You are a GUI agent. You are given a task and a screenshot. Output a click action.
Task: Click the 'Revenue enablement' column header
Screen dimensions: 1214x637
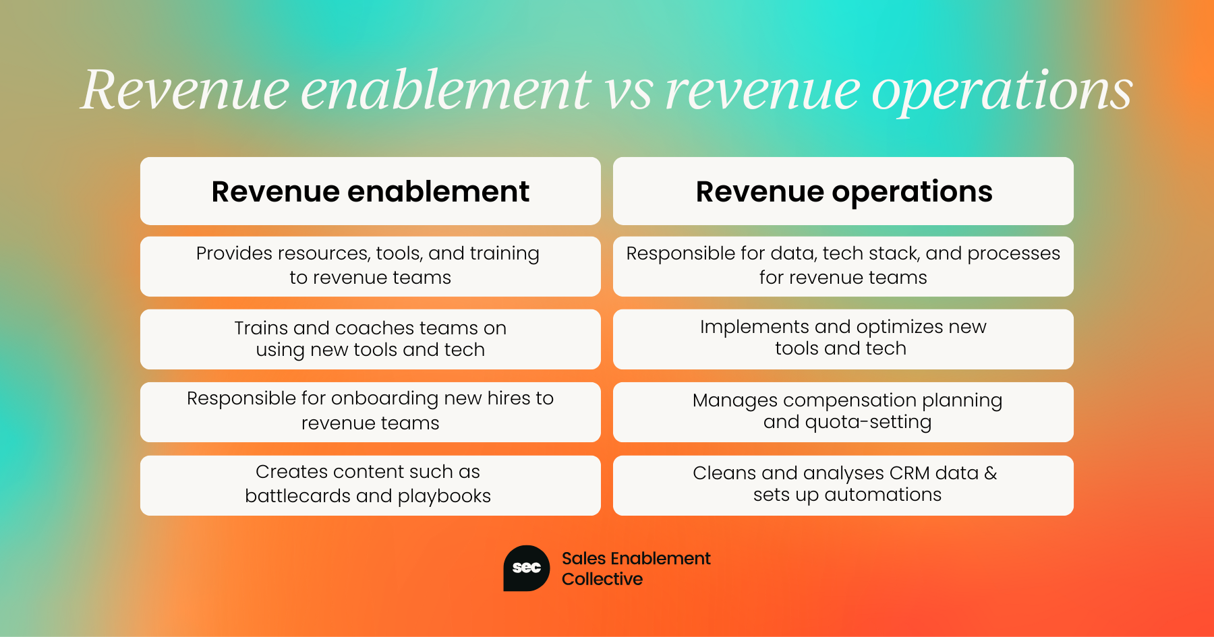coord(370,191)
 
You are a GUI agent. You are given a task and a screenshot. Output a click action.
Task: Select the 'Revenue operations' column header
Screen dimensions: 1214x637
coord(843,191)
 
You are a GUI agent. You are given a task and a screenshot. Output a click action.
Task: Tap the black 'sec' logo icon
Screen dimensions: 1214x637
coord(527,568)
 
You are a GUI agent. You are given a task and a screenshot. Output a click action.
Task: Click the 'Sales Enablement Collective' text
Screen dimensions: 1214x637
coord(636,568)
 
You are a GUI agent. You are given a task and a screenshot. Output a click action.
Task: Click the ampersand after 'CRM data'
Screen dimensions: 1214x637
coord(991,473)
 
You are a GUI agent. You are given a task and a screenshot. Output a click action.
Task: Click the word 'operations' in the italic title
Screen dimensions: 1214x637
coord(1002,92)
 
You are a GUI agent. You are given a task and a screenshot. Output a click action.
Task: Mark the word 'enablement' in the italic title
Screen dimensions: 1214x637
coord(446,90)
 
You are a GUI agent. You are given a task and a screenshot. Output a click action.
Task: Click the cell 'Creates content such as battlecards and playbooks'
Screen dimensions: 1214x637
coord(370,485)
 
